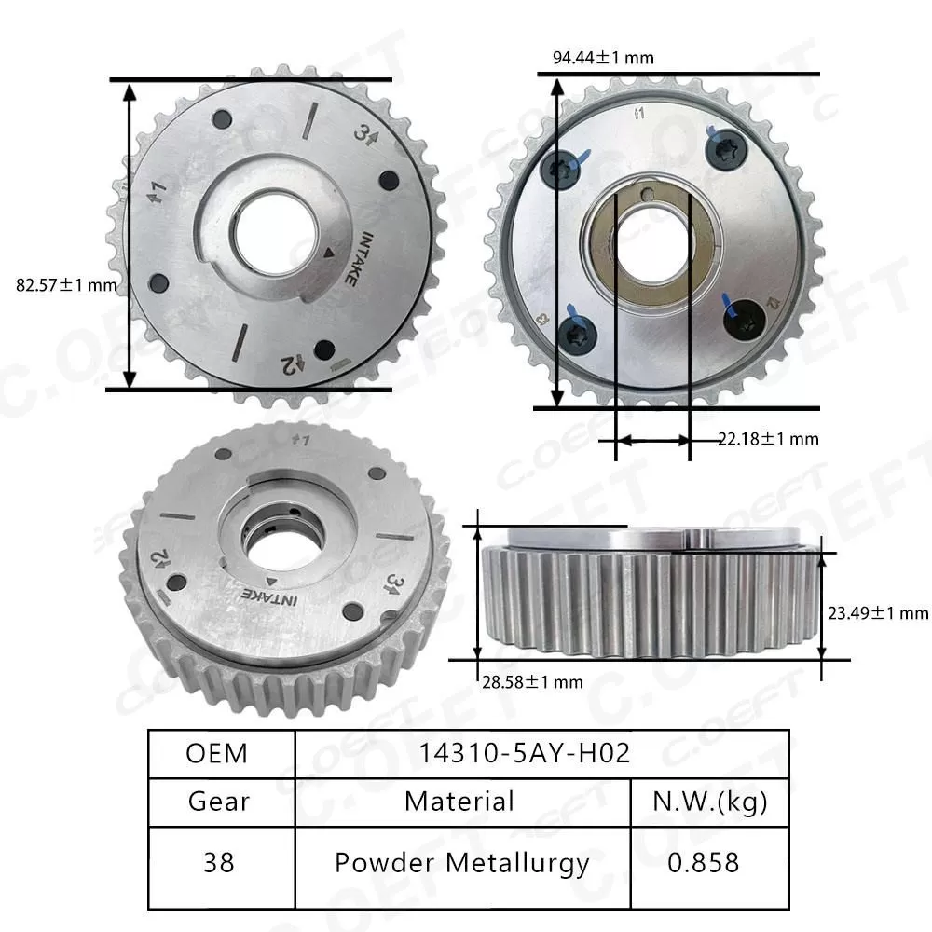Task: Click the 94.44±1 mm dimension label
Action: tap(603, 58)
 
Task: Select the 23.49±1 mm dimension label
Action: tap(878, 612)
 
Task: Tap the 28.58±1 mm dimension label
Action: tap(529, 682)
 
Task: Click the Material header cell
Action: tap(459, 801)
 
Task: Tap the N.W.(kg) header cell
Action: tap(709, 801)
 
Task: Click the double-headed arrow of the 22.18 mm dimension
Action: tap(652, 439)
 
